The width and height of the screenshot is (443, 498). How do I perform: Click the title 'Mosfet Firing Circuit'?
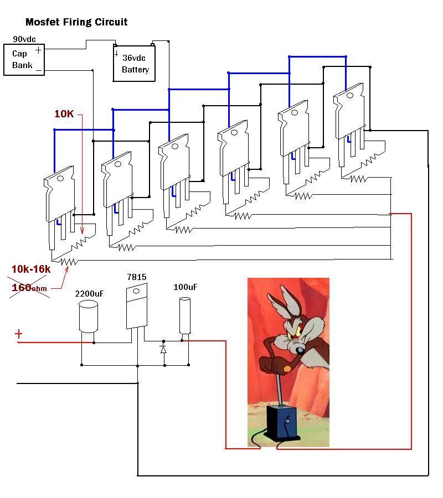[76, 22]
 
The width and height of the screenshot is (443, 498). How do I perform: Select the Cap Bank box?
[24, 60]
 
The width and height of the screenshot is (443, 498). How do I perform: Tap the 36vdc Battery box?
[134, 64]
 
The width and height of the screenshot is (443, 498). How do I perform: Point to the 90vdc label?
[24, 39]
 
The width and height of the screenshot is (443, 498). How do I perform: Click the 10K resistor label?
[64, 113]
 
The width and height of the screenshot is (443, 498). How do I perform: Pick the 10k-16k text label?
[31, 269]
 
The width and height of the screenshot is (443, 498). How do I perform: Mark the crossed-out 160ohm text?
[29, 288]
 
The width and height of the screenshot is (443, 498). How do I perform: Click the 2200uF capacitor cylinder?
[88, 317]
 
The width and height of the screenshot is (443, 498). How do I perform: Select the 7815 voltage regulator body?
[137, 306]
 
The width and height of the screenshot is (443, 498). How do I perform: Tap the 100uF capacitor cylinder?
[185, 315]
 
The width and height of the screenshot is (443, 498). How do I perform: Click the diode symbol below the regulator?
[163, 350]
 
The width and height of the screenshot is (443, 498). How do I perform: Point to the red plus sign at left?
[19, 334]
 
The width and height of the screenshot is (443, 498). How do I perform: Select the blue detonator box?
[282, 422]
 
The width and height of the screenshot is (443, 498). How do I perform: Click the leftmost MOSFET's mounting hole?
[60, 179]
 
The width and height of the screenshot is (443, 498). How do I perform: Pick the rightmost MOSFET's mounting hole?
[350, 96]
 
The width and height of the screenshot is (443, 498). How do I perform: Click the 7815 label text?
[137, 277]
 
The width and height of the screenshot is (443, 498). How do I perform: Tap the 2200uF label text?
[89, 294]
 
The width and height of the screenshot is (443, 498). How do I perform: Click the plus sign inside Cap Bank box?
[38, 50]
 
